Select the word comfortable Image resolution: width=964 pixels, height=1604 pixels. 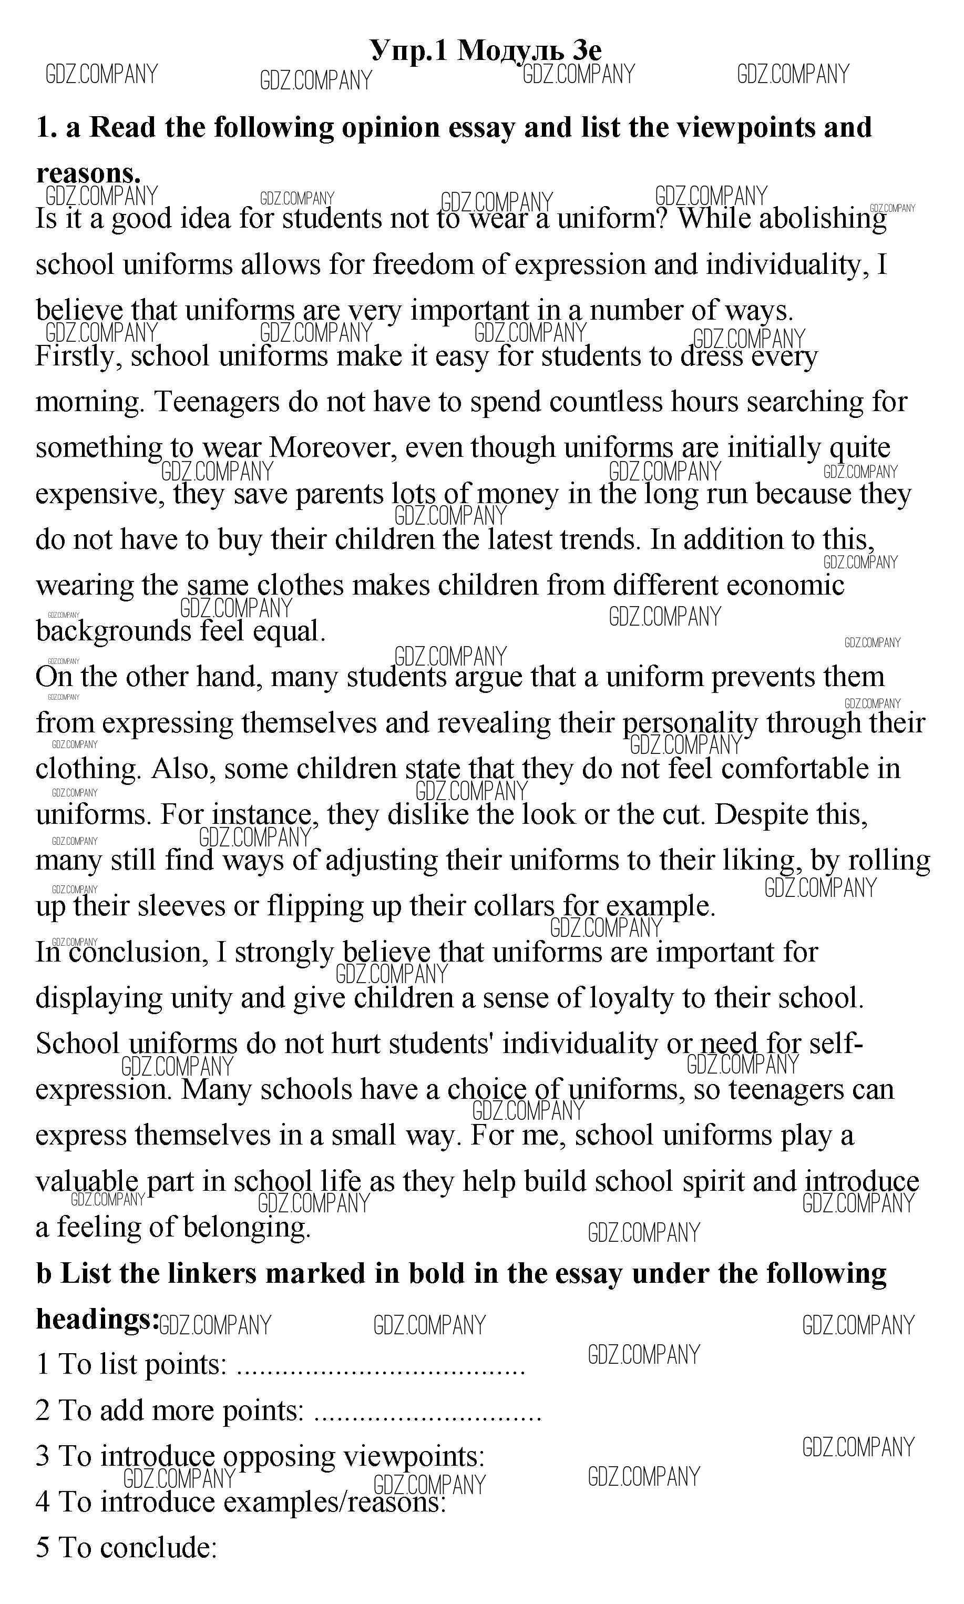coord(794,769)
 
